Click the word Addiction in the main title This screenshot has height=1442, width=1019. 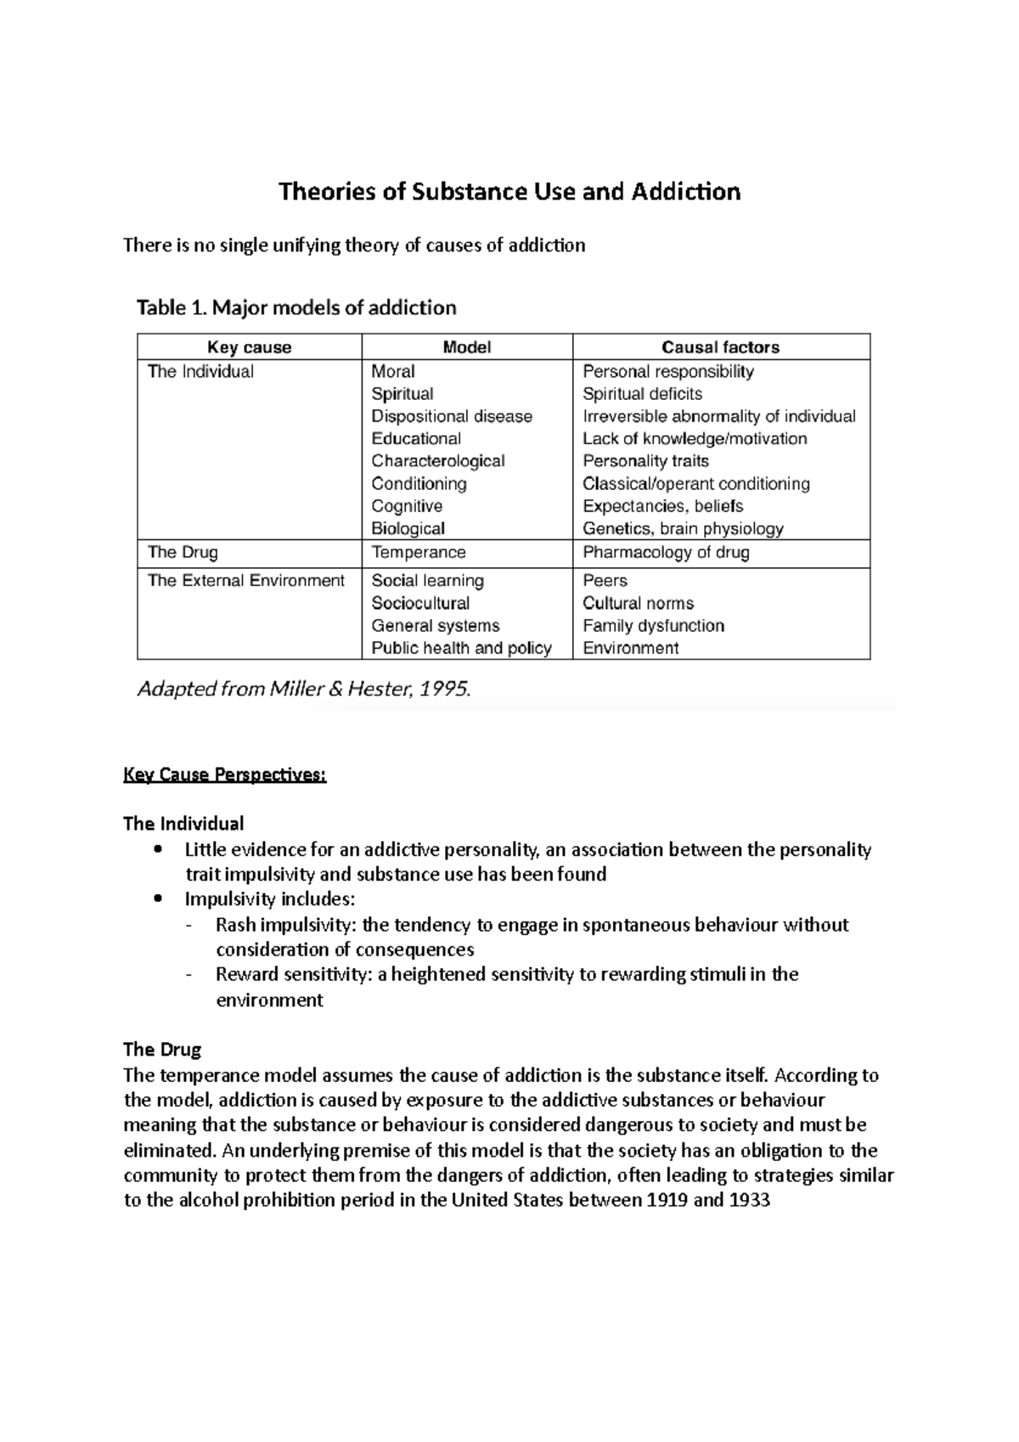click(x=686, y=192)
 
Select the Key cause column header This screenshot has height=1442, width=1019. click(x=249, y=347)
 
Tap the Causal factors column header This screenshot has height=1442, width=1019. click(x=720, y=347)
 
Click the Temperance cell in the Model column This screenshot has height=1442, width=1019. click(x=418, y=553)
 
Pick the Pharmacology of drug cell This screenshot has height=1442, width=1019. click(x=666, y=553)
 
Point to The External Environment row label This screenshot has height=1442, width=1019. click(x=246, y=581)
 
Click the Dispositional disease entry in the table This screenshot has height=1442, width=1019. click(x=451, y=416)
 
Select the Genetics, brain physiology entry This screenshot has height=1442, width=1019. click(x=683, y=529)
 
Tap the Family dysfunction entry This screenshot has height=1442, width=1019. click(x=653, y=626)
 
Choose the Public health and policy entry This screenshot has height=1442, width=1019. click(x=461, y=649)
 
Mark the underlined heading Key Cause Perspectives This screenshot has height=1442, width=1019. click(x=224, y=775)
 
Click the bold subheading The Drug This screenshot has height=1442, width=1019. click(x=162, y=1050)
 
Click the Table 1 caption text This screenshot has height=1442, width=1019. click(x=296, y=307)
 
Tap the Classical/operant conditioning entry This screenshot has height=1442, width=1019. click(x=695, y=484)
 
